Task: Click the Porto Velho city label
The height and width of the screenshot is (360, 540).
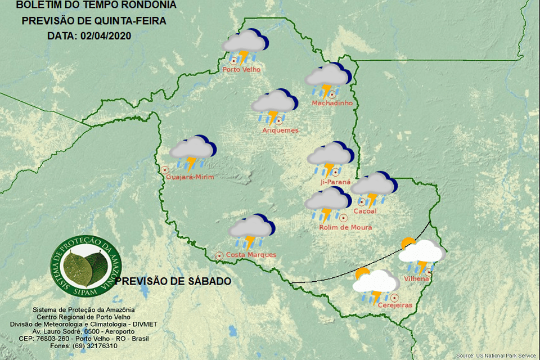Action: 241,70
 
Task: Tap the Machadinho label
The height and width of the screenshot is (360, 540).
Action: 332,103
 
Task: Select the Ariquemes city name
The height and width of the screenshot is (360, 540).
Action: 280,130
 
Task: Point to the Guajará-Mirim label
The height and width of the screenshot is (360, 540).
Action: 190,177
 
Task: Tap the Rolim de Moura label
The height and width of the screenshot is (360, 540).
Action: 345,228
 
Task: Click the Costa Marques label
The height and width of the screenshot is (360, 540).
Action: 251,255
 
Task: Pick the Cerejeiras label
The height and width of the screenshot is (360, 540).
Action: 395,305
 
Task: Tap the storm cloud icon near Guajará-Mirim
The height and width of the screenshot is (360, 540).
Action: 192,152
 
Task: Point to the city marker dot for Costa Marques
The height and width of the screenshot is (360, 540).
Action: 219,255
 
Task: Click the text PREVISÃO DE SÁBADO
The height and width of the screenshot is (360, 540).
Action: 173,281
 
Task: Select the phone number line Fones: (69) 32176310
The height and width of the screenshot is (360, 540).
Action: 83,346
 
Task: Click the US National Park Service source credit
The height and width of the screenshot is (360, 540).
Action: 496,355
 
